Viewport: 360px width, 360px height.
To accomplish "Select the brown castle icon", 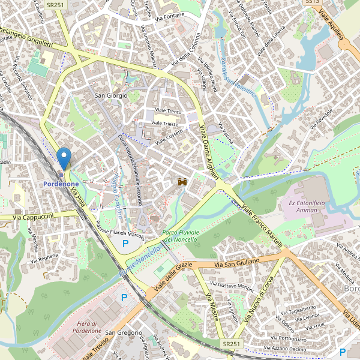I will pyautogui.click(x=182, y=181).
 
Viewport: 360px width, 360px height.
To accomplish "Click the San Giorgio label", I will pyautogui.click(x=112, y=95).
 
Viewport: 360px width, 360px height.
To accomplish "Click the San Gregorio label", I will pyautogui.click(x=124, y=333).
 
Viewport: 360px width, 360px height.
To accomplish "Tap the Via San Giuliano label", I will pyautogui.click(x=237, y=262).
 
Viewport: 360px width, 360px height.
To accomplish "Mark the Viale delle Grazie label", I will pyautogui.click(x=173, y=277).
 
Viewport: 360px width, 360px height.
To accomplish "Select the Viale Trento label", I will pyautogui.click(x=168, y=112).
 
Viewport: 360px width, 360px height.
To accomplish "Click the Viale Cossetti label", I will pyautogui.click(x=169, y=137).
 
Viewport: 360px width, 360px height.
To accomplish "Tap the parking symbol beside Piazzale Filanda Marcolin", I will pyautogui.click(x=125, y=244).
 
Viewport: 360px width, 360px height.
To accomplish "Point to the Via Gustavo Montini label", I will pyautogui.click(x=232, y=286).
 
